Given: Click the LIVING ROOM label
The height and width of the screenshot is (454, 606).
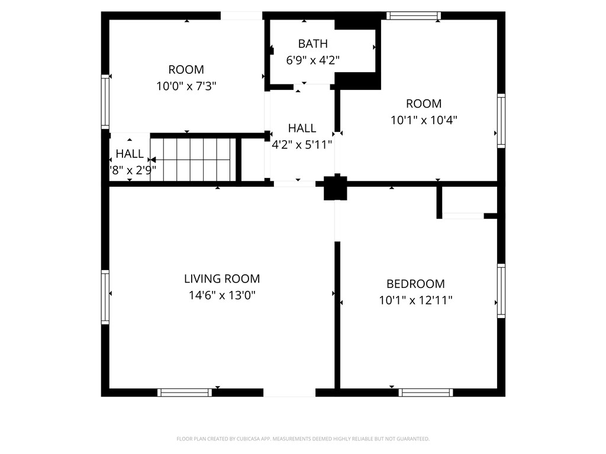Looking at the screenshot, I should click(x=221, y=279).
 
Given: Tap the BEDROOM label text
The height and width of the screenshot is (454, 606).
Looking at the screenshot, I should click(x=415, y=284).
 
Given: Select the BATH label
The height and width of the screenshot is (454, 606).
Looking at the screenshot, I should click(x=312, y=44).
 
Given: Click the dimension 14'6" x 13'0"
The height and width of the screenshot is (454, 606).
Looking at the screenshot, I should click(x=221, y=295).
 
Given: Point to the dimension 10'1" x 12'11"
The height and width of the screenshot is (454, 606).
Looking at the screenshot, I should click(x=415, y=300).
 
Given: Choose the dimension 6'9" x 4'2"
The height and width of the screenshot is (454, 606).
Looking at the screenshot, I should click(x=312, y=60).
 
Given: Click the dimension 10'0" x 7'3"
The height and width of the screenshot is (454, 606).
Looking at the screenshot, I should click(x=186, y=86).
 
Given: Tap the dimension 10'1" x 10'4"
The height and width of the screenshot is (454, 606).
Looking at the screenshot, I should click(x=424, y=120).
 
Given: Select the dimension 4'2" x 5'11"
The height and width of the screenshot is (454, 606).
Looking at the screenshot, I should click(x=302, y=144).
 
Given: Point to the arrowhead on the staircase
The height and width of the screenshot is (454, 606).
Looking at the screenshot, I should click(x=152, y=160).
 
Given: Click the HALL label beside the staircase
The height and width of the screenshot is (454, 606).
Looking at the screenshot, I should click(x=129, y=154).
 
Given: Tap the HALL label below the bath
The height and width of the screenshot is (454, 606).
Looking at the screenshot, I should click(x=302, y=128).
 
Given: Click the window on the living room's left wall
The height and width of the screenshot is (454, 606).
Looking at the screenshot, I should click(x=105, y=297).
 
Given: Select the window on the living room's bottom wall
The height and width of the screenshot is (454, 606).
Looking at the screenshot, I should click(x=185, y=392).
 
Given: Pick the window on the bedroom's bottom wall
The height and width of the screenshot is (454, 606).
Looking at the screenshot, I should click(x=426, y=392).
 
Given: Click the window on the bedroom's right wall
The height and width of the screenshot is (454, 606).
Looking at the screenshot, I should click(x=501, y=290).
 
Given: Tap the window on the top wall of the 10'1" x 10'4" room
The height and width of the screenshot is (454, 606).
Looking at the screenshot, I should click(x=413, y=16).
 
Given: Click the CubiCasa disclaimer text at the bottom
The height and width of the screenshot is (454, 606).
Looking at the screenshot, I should click(x=303, y=439).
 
